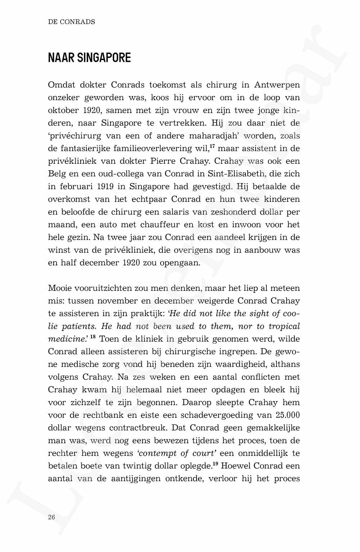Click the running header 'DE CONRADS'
(71, 22)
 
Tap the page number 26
(51, 517)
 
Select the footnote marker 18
(93, 336)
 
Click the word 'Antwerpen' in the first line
(277, 85)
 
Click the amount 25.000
(287, 415)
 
